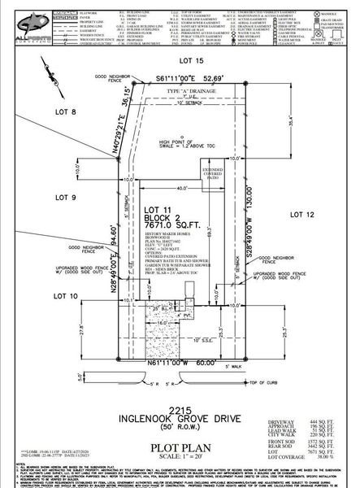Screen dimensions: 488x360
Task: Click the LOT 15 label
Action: tap(191, 61)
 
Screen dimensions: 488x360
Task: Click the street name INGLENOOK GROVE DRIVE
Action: tap(180, 398)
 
